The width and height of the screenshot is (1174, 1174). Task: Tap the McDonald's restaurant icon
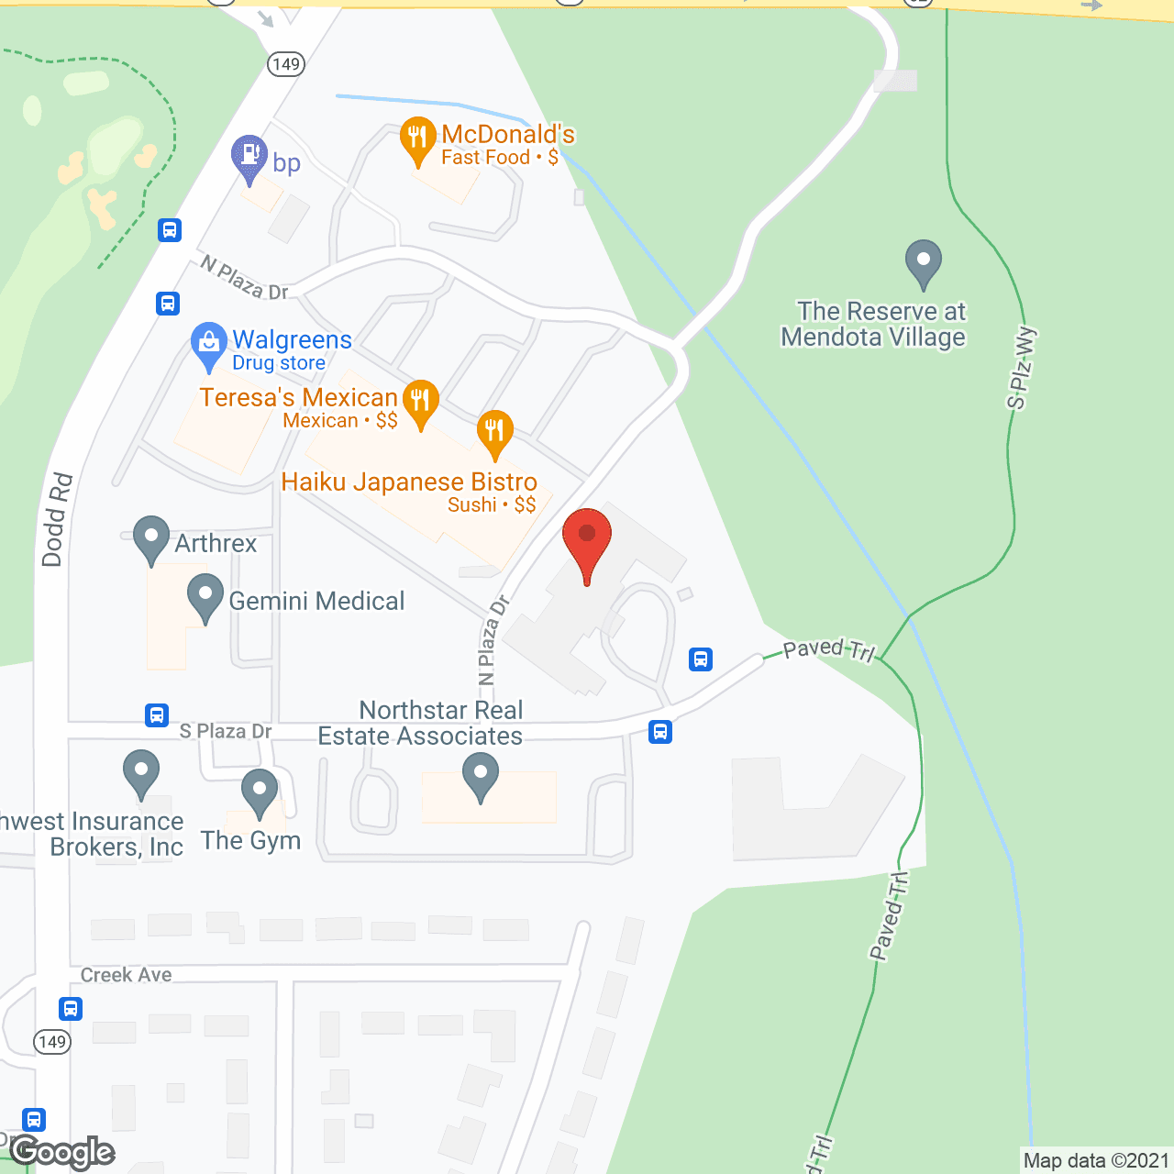[418, 139]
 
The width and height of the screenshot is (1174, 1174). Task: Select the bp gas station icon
[249, 158]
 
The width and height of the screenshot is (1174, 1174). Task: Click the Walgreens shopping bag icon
[209, 345]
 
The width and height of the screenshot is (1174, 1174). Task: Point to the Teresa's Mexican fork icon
[421, 403]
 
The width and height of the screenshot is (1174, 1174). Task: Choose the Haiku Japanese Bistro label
[409, 482]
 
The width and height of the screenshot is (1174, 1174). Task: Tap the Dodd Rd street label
[57, 519]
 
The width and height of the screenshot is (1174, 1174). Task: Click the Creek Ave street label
[126, 975]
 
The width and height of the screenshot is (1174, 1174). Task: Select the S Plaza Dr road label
[226, 731]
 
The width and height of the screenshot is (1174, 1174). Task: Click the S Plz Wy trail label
[1021, 368]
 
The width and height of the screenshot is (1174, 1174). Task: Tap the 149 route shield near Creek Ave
[52, 1042]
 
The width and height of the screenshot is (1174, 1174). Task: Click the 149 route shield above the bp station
[286, 64]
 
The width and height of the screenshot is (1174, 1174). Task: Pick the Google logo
[62, 1152]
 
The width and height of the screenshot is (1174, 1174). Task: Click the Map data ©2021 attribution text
[1096, 1161]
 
